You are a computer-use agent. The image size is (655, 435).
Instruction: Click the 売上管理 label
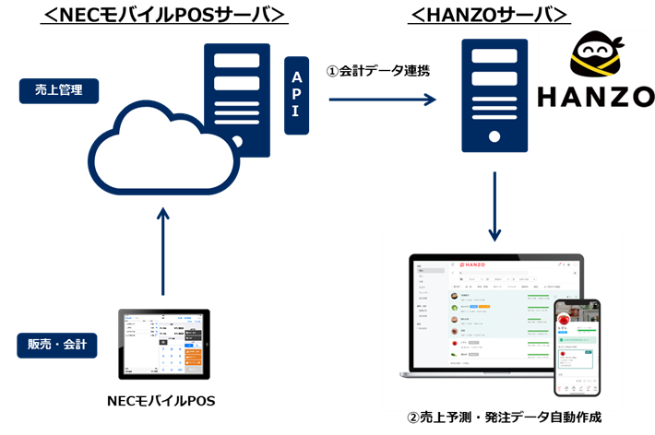click(x=58, y=90)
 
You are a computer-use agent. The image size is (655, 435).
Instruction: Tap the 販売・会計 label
click(x=57, y=345)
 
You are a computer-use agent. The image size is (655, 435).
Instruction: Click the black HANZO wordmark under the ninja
click(x=596, y=96)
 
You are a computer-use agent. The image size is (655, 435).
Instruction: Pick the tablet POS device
click(x=163, y=344)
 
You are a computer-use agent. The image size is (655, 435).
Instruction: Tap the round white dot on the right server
click(x=494, y=136)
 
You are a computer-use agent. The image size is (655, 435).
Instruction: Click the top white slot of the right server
click(x=494, y=55)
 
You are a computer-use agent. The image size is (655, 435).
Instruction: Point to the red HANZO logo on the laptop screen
click(x=471, y=265)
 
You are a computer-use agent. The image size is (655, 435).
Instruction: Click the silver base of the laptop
click(x=480, y=374)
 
